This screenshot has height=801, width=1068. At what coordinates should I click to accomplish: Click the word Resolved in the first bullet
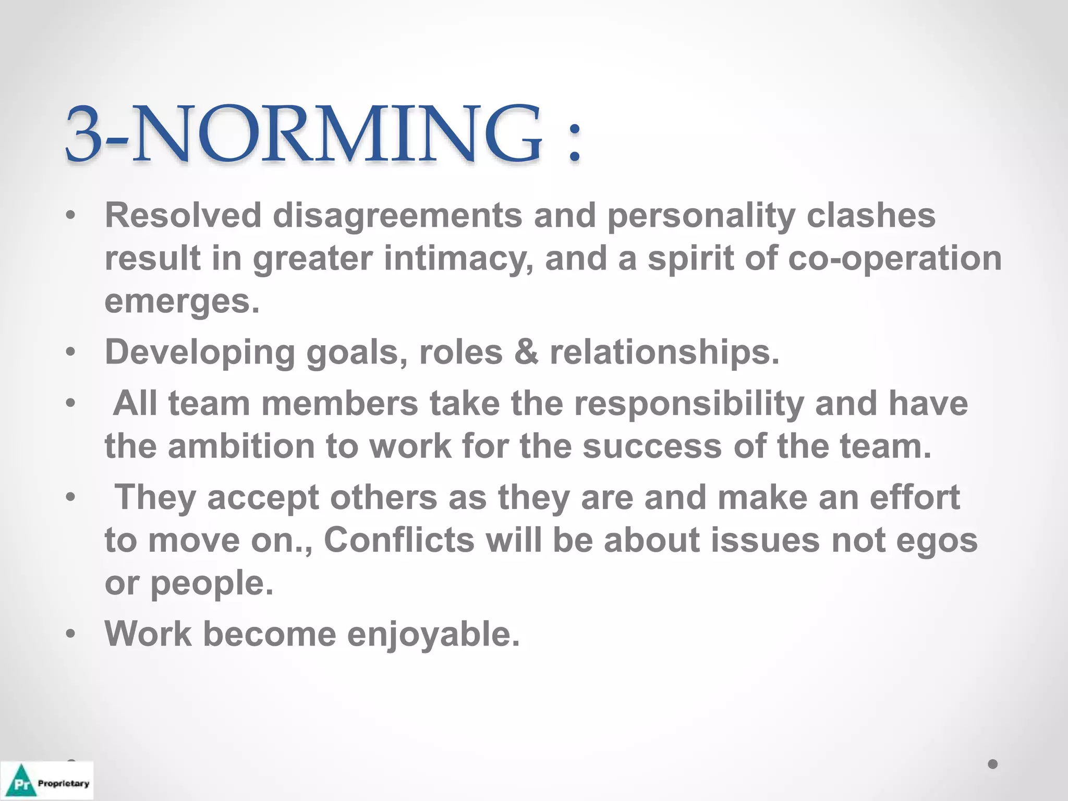click(x=183, y=215)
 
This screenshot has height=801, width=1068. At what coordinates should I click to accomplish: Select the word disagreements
click(x=397, y=216)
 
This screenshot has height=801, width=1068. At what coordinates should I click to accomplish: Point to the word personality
click(x=701, y=216)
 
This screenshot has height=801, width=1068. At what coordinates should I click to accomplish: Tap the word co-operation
click(x=894, y=259)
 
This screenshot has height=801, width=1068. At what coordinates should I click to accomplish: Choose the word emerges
click(x=181, y=301)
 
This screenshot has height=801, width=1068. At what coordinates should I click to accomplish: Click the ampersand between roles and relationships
click(x=526, y=352)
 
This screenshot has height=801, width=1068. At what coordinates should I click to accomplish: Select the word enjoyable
click(x=433, y=635)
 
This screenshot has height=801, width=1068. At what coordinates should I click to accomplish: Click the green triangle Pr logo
click(x=21, y=781)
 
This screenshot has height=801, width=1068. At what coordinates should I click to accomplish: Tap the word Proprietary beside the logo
click(x=64, y=783)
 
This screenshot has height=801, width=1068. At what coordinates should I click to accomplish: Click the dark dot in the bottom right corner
click(x=993, y=764)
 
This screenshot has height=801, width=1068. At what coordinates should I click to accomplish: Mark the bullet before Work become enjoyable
click(x=71, y=634)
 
